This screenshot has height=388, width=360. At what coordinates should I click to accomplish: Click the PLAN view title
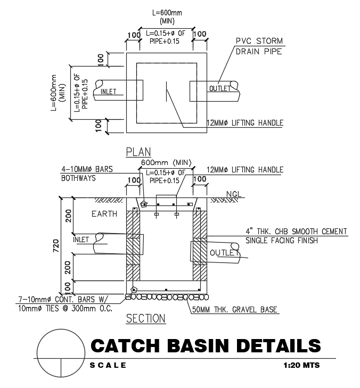[x=138, y=152]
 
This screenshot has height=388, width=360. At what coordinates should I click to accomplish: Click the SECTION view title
[x=145, y=318]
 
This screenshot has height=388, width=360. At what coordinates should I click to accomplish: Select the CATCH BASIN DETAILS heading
[x=206, y=346]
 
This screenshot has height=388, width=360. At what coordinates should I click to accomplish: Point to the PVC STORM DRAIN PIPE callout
[x=259, y=46]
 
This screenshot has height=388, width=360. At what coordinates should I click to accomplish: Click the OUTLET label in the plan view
[x=220, y=88]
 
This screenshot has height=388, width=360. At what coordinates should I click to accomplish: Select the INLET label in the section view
[x=81, y=240]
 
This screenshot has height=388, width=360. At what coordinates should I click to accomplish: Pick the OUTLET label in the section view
[x=224, y=252]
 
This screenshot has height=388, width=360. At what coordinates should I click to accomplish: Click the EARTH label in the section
[x=104, y=214]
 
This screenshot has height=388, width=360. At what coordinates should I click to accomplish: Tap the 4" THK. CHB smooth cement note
[x=296, y=236]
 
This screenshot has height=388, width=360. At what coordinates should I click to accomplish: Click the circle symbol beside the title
[x=61, y=352]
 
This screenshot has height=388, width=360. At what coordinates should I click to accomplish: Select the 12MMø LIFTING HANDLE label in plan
[x=245, y=123]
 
